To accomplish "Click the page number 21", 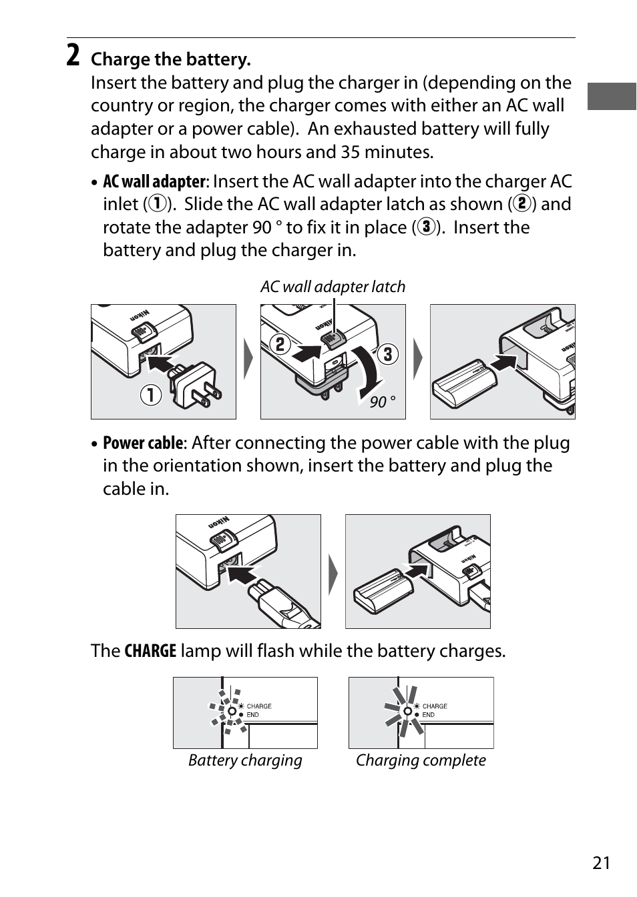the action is (601, 863).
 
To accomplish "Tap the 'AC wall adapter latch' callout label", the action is (333, 287).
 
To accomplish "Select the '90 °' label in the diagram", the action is (383, 402).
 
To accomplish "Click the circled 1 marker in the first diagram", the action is (151, 395).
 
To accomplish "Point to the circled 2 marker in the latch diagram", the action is (280, 344).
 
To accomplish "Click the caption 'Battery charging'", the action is (245, 760).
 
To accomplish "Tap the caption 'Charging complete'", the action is (421, 760).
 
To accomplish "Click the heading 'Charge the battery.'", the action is (171, 59).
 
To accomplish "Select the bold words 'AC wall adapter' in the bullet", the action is (154, 182).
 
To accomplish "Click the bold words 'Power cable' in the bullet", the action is (142, 443).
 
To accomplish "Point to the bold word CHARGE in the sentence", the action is (150, 651).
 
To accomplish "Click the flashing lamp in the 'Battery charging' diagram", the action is (231, 711).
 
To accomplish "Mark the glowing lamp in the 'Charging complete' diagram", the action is (407, 711).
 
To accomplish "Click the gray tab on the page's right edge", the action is (612, 96).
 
